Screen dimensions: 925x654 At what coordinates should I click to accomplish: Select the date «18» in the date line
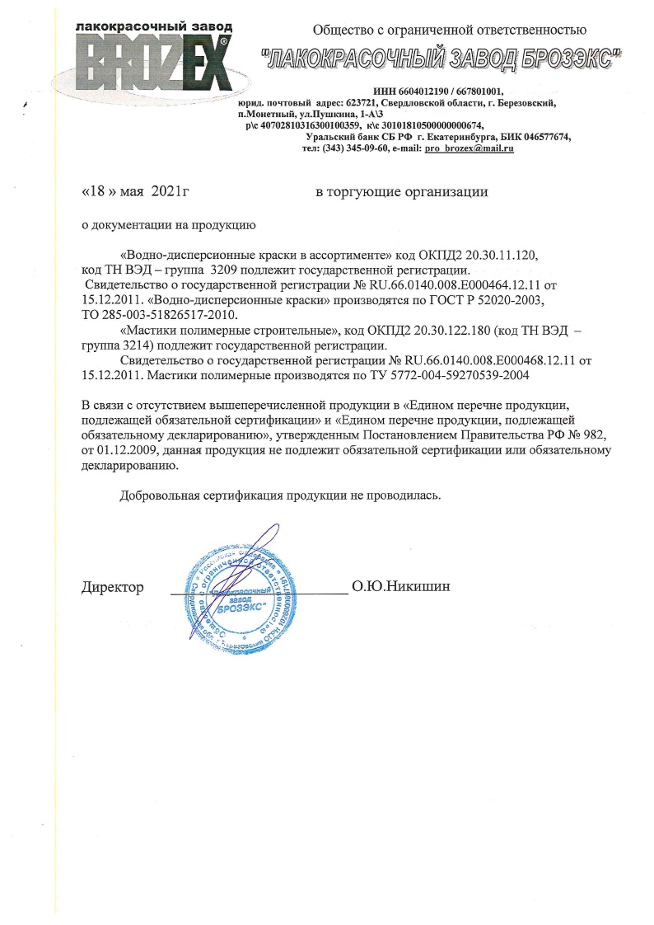[x=96, y=192]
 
